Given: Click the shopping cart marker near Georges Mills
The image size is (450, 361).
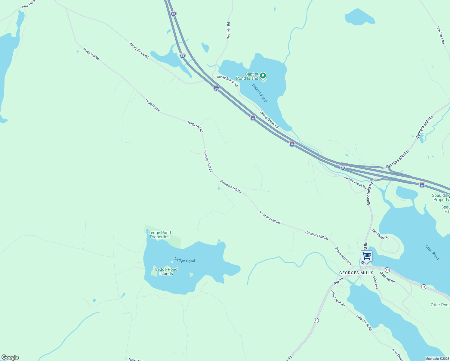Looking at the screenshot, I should [366, 256].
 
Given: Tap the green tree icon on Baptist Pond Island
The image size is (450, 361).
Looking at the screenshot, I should [263, 75].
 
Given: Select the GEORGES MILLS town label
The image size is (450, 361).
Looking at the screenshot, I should [356, 273].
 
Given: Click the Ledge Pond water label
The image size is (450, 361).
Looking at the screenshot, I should [185, 261].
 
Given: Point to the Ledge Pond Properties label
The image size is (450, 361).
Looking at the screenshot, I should [160, 235].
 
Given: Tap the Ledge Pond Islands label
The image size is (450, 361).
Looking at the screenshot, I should [166, 271].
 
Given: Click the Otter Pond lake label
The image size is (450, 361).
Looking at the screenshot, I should [432, 252].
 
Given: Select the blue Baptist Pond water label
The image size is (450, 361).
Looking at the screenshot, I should [260, 93].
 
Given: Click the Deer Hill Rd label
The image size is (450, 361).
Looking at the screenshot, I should [228, 31].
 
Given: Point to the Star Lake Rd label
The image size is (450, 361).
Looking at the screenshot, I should [440, 35].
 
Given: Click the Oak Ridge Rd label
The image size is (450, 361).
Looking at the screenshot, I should [381, 234].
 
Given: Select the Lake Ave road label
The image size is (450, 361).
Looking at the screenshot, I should [375, 283].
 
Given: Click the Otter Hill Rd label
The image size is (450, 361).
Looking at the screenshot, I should [387, 277].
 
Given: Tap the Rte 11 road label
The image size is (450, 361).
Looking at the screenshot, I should [338, 282].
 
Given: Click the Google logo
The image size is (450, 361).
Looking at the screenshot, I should [10, 357].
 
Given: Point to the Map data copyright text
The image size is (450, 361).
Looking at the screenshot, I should [437, 359].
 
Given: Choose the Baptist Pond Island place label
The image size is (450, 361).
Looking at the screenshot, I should [247, 76].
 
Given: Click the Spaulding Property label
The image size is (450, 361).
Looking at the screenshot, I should [441, 197].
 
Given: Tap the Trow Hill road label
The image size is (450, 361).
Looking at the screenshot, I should [134, 359].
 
